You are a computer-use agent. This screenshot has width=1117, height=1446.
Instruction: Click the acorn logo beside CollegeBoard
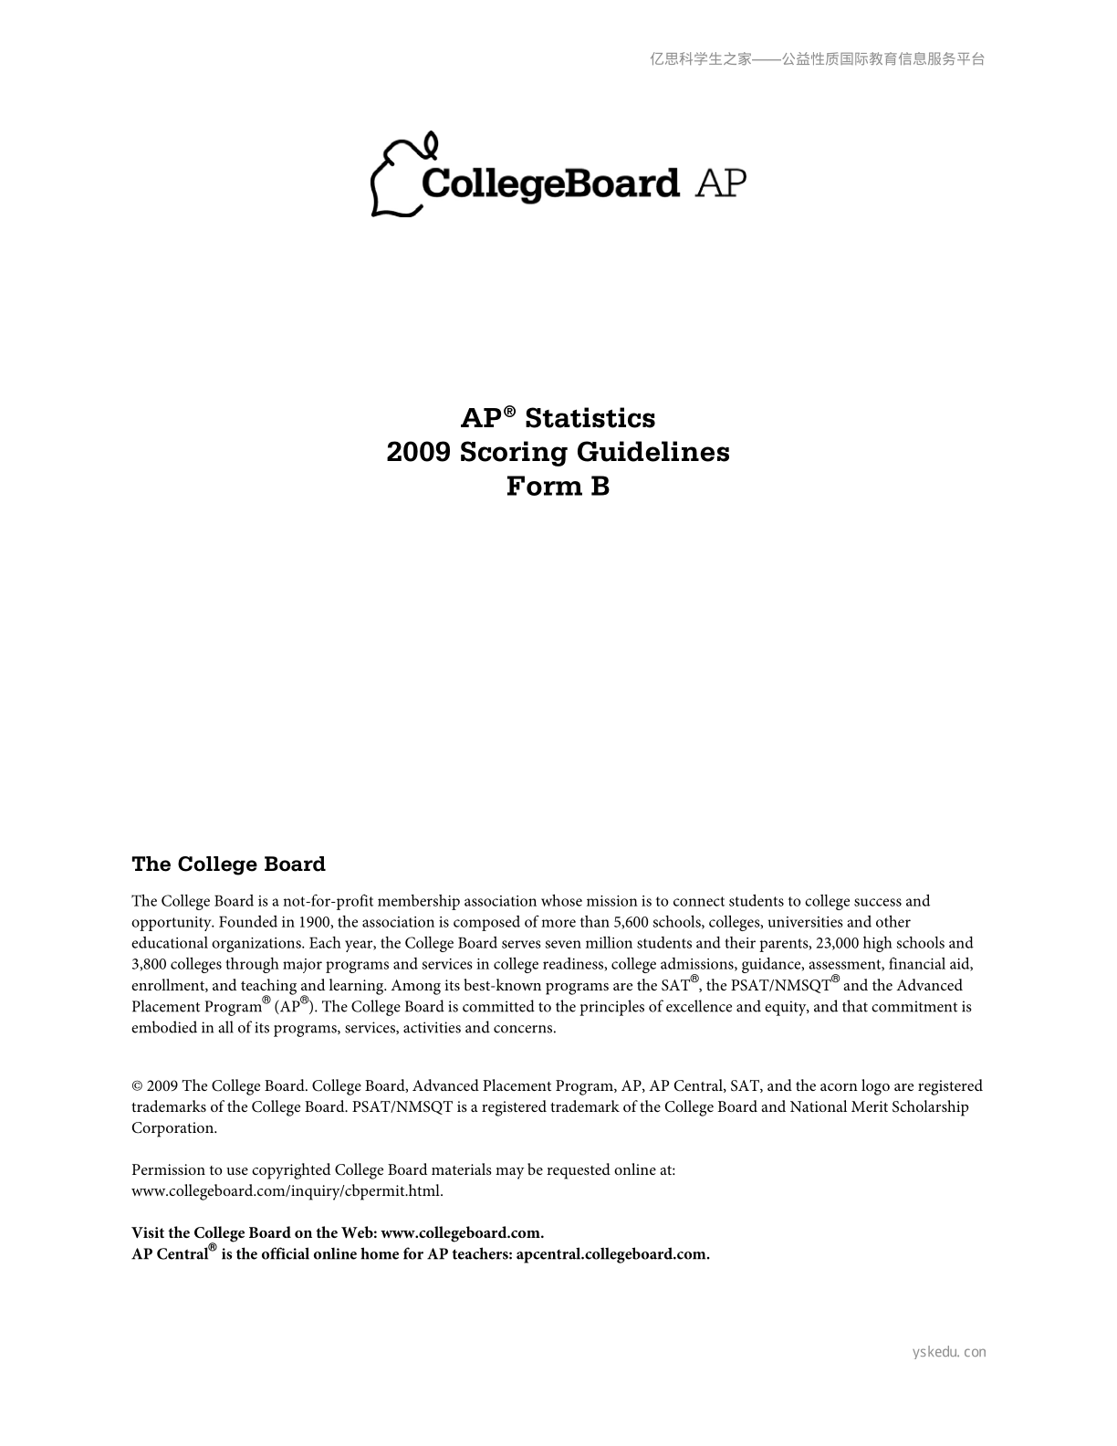pos(400,179)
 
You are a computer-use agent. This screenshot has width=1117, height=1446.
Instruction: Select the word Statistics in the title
pos(590,418)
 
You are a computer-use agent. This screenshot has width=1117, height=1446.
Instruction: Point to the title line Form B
pos(558,487)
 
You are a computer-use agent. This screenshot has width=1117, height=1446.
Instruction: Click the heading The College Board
pos(228,864)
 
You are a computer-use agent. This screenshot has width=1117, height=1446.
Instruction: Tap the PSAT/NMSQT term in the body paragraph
pos(780,986)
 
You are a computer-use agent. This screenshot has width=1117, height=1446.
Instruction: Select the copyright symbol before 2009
pos(137,1086)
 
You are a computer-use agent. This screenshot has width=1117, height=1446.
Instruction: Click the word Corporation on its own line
pos(173,1128)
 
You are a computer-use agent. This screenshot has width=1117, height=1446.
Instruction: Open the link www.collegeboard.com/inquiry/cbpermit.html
pos(287,1191)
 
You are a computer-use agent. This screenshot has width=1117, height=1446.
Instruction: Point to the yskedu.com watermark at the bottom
pos(949,1352)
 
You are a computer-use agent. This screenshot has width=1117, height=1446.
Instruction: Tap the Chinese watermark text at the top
pos(817,59)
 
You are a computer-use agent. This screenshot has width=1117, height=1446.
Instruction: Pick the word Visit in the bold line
pos(148,1233)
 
